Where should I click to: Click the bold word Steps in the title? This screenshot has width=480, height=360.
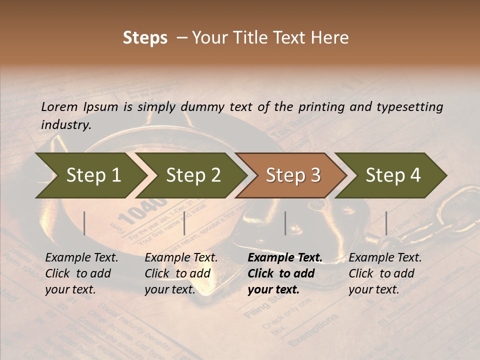145,38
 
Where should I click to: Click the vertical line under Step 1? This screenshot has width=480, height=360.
84,223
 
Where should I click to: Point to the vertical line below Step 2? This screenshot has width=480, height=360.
184,223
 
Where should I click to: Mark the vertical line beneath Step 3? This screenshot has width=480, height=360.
285,223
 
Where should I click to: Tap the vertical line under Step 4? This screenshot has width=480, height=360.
386,223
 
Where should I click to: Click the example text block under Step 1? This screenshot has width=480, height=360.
81,273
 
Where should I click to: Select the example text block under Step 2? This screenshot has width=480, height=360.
181,273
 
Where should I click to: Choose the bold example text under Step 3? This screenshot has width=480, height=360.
285,273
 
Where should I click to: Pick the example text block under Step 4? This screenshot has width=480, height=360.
385,273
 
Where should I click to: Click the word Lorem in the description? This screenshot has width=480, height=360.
59,106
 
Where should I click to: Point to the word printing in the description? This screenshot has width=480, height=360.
318,107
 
